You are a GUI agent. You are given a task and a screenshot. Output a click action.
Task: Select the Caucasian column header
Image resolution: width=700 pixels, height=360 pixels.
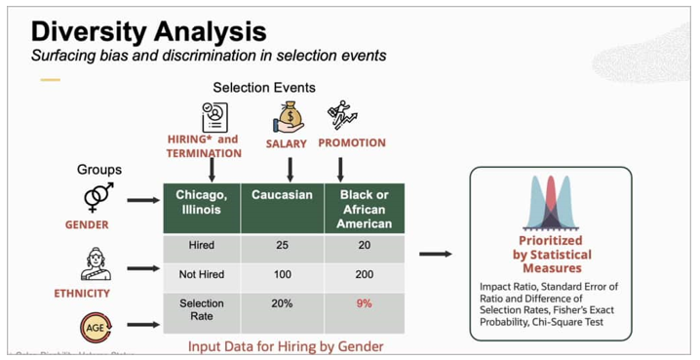tap(282, 195)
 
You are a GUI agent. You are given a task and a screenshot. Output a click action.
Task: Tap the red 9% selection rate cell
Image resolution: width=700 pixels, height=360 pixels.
tap(364, 303)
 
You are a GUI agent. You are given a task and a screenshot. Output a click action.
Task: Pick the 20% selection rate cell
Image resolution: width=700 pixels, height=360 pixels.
tap(282, 303)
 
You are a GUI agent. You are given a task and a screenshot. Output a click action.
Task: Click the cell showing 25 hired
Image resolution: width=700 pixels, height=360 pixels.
tap(282, 245)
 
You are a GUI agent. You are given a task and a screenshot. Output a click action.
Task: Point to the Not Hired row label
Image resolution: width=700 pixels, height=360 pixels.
tap(201, 274)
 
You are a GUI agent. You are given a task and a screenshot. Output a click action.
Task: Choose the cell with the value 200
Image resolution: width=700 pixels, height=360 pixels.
tap(364, 274)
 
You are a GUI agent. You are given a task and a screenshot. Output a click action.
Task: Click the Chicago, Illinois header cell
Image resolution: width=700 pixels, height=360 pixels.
tap(201, 202)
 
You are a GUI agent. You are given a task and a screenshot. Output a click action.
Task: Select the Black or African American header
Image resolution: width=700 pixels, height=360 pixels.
tap(364, 209)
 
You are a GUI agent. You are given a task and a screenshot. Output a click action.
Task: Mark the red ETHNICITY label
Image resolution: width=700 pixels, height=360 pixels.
tap(82, 293)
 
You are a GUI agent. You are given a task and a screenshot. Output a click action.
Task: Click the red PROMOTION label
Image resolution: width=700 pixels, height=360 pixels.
tap(351, 143)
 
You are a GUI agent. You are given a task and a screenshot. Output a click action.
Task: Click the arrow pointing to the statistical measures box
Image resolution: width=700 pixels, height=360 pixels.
tap(435, 255)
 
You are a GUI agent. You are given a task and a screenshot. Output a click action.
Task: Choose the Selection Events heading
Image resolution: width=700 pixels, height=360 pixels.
tap(263, 88)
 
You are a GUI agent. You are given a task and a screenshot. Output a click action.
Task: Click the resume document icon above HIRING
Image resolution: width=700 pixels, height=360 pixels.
tap(213, 117)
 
